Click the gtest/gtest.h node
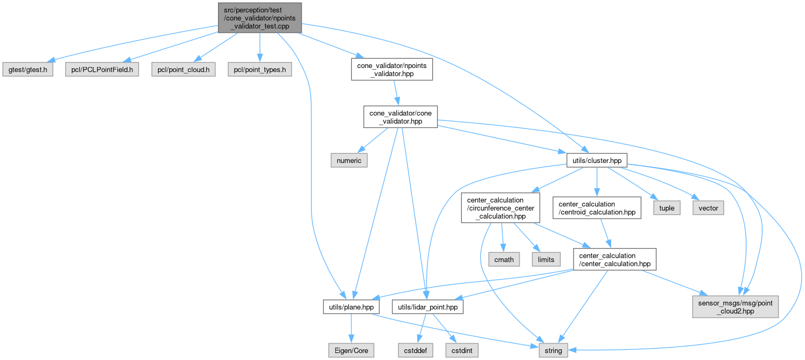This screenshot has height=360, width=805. [x=28, y=70]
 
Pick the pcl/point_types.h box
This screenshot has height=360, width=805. [x=260, y=70]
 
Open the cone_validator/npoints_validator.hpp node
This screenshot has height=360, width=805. [x=392, y=70]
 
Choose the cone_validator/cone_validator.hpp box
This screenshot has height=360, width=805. [x=400, y=116]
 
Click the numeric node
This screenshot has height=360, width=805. [x=348, y=160]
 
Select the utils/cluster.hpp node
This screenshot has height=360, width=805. [x=597, y=160]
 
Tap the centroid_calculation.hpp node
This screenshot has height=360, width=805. [x=597, y=208]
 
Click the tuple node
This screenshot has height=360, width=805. [x=666, y=208]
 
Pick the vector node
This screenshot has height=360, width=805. [x=709, y=208]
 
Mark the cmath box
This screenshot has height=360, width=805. [x=504, y=259]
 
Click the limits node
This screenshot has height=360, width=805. [x=546, y=259]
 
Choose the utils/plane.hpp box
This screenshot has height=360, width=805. [x=352, y=306]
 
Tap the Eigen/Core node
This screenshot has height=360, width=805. [x=351, y=350]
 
